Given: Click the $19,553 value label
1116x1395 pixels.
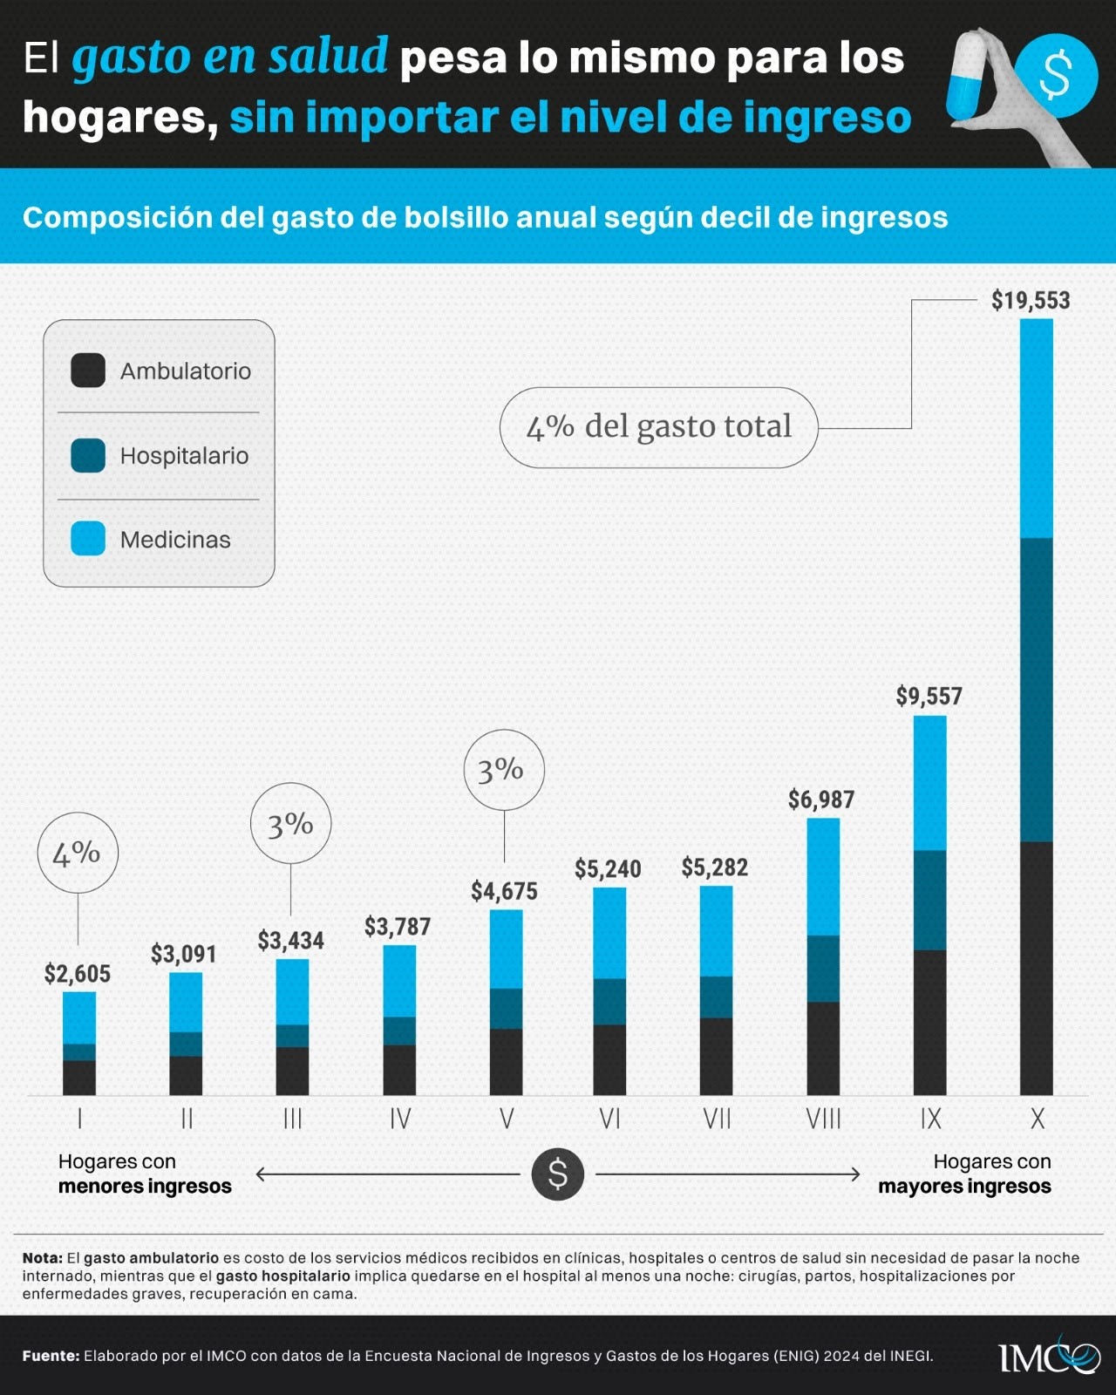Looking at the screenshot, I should [1030, 301].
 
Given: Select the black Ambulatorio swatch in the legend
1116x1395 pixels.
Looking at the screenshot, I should [88, 371].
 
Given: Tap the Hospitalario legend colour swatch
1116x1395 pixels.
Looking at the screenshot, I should [88, 455].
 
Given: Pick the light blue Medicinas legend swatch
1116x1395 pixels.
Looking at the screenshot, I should [88, 539].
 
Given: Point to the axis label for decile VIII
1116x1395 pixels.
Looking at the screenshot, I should [823, 1119].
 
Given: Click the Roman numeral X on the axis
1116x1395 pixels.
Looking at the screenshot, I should [1037, 1119].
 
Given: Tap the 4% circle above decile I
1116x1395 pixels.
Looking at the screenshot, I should [78, 853].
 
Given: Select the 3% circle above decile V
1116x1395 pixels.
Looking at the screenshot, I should [503, 770].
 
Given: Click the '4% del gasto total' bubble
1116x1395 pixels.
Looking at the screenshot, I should [658, 427].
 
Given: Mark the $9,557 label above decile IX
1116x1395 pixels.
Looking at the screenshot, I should [929, 697].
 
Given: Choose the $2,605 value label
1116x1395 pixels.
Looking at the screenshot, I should [78, 974].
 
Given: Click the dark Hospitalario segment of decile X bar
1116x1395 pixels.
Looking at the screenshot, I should [1036, 689].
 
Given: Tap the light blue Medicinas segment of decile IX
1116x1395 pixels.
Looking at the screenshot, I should [929, 782].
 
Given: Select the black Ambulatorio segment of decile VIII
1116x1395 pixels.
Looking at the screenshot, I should [823, 1048].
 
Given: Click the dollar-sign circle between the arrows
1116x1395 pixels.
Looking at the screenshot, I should [557, 1174].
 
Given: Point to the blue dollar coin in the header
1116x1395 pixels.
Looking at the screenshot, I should [1055, 75].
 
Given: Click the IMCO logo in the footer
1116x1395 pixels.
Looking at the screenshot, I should [1049, 1357].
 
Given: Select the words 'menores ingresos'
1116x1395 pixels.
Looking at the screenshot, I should [145, 1187].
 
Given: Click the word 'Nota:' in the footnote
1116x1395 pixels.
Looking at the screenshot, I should [43, 1258].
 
